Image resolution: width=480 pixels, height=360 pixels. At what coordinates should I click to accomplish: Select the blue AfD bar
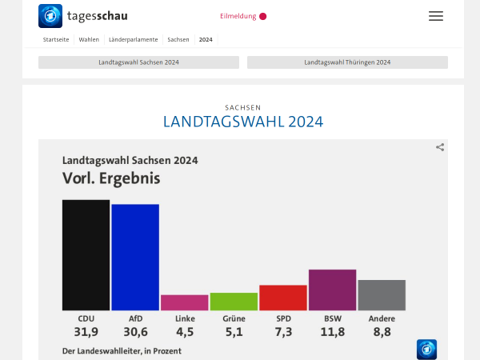coord(135,257)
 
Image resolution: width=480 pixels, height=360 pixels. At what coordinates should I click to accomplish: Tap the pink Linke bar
coord(185,302)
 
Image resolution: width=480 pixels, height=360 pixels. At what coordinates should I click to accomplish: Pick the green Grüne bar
coord(234,302)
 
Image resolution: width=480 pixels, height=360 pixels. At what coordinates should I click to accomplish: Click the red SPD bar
coord(283,298)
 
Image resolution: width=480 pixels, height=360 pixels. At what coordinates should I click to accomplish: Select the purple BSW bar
coord(332,290)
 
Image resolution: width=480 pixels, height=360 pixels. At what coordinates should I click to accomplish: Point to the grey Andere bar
coord(382,295)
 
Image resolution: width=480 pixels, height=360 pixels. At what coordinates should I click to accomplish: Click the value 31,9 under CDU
coord(86,332)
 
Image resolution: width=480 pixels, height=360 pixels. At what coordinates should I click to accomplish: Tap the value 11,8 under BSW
coord(332,332)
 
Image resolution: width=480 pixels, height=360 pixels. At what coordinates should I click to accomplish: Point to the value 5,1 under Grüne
coord(234,332)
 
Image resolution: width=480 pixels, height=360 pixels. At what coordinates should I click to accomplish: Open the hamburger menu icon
coord(435,16)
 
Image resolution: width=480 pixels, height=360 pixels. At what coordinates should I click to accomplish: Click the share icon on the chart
coord(440,147)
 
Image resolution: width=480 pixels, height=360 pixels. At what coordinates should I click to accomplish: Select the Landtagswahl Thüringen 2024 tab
coord(347,62)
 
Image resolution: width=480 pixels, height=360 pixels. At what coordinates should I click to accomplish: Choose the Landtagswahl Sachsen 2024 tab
coord(138,62)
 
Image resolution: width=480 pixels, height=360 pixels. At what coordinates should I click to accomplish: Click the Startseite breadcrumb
coord(56,39)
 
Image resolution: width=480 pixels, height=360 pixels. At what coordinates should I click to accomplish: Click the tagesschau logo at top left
coord(83,16)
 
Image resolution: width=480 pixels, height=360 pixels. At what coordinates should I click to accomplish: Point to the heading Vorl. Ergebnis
coord(111,178)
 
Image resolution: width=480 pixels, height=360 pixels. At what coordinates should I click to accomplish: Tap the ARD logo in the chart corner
coord(426,349)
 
